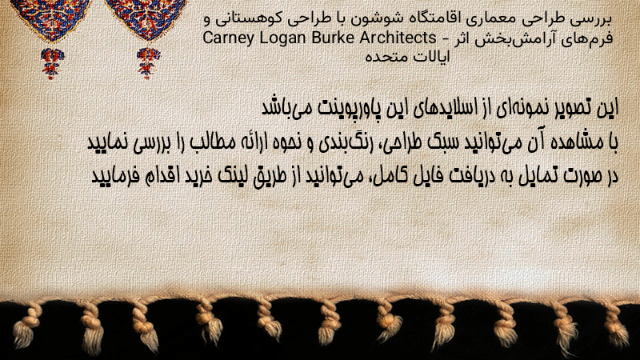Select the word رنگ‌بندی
click(342, 143)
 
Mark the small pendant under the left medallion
click(52, 63)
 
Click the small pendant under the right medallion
click(148, 63)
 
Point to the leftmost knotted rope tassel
click(26, 326)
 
